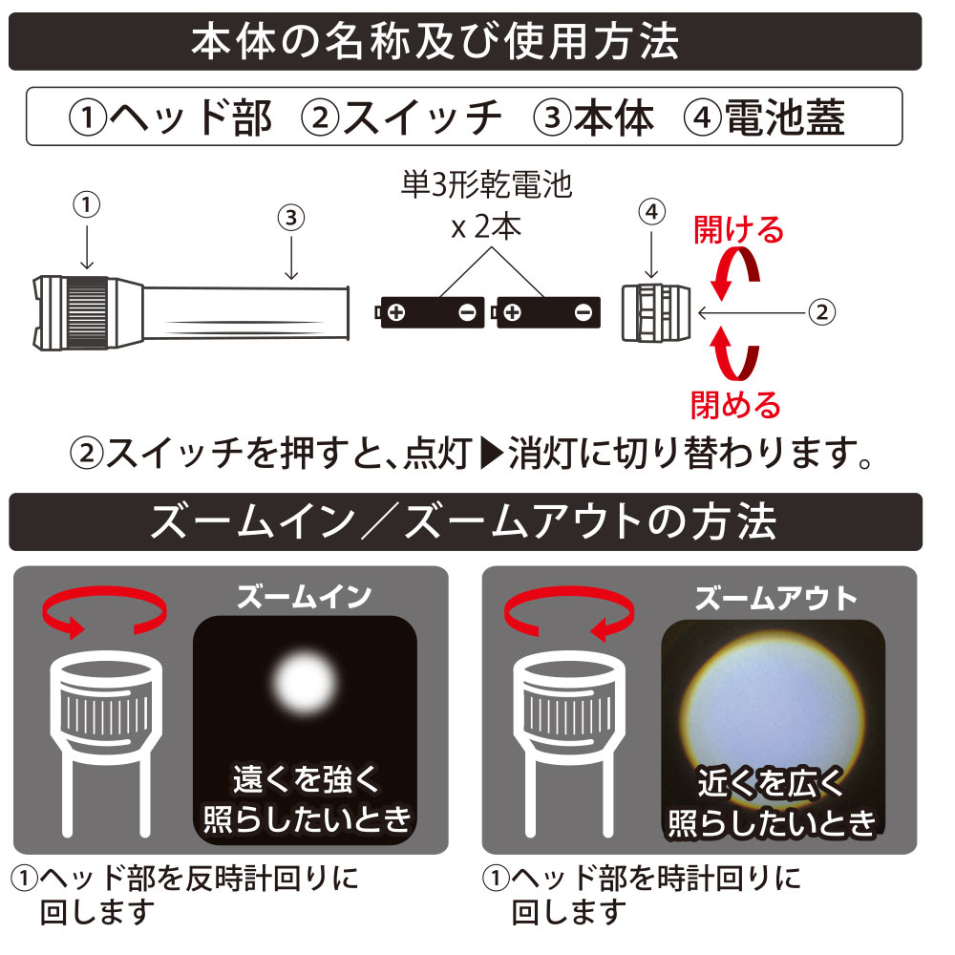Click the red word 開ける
coord(738,229)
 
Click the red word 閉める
coord(735,404)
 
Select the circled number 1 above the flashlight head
coord(86,203)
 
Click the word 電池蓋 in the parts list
coord(783,117)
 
